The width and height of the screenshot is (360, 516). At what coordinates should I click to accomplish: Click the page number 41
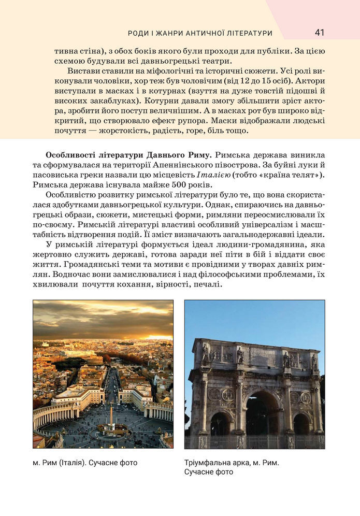coord(319,33)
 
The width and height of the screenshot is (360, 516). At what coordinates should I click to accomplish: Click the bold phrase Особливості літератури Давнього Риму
coord(128,155)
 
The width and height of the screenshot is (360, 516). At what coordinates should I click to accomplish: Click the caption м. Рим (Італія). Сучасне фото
coord(85,463)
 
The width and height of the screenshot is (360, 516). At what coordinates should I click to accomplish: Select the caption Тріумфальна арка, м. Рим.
coord(232,463)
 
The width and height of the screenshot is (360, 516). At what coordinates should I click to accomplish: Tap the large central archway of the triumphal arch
coord(261,414)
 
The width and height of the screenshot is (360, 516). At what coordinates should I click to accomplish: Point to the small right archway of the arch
coord(301,424)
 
